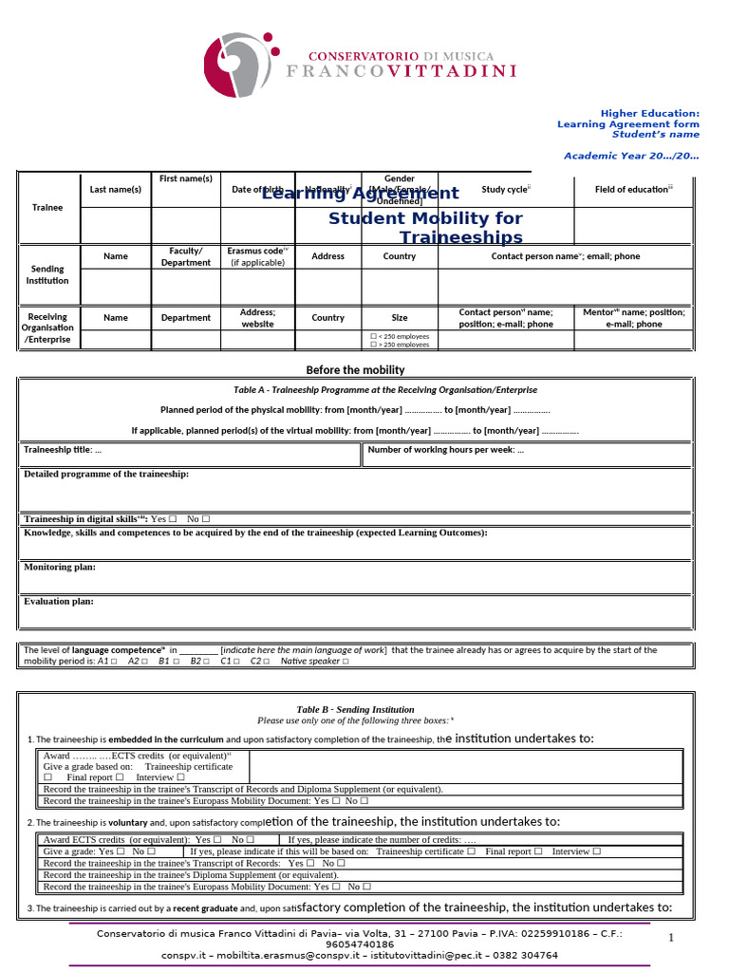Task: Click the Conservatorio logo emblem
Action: pos(242,64)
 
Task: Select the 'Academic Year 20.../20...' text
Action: pos(631,155)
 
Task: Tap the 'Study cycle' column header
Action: pos(506,190)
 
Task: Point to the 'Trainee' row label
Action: pos(47,207)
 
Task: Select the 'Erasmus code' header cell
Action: pos(257,256)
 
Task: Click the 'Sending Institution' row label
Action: pos(47,274)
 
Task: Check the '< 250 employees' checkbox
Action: pos(373,336)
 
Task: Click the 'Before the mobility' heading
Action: pos(355,370)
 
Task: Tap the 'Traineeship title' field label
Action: pos(63,450)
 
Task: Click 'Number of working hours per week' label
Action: pos(445,450)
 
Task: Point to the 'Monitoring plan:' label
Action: pos(60,567)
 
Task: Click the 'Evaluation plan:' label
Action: pos(59,601)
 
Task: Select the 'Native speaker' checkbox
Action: pos(346,662)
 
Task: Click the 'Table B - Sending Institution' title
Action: pos(355,709)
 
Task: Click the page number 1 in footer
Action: pos(670,938)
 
